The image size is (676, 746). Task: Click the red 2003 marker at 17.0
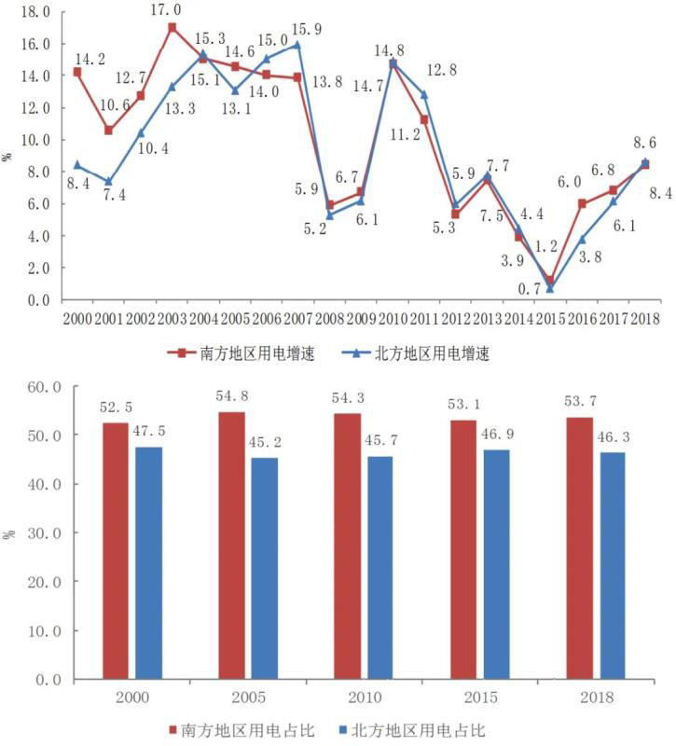(x=172, y=28)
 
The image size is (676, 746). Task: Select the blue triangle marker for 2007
(x=298, y=45)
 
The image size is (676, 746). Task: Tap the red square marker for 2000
(x=76, y=72)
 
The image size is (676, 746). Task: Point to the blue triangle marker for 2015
(x=550, y=288)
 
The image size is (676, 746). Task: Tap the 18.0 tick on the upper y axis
(x=34, y=12)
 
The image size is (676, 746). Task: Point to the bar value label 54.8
(x=232, y=396)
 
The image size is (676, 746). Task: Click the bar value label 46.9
(x=497, y=435)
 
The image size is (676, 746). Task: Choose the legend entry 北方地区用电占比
(x=421, y=729)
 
